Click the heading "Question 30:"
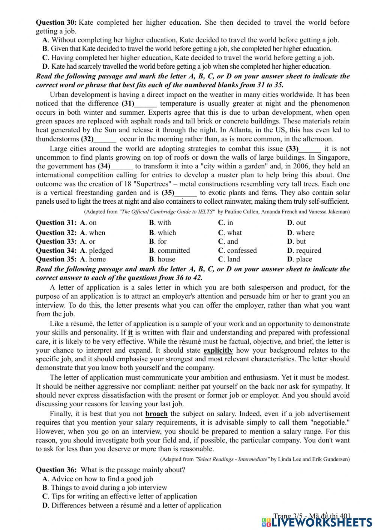(56, 23)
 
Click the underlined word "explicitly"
(218, 350)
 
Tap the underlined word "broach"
(156, 414)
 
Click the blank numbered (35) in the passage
(186, 193)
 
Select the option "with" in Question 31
(164, 223)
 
